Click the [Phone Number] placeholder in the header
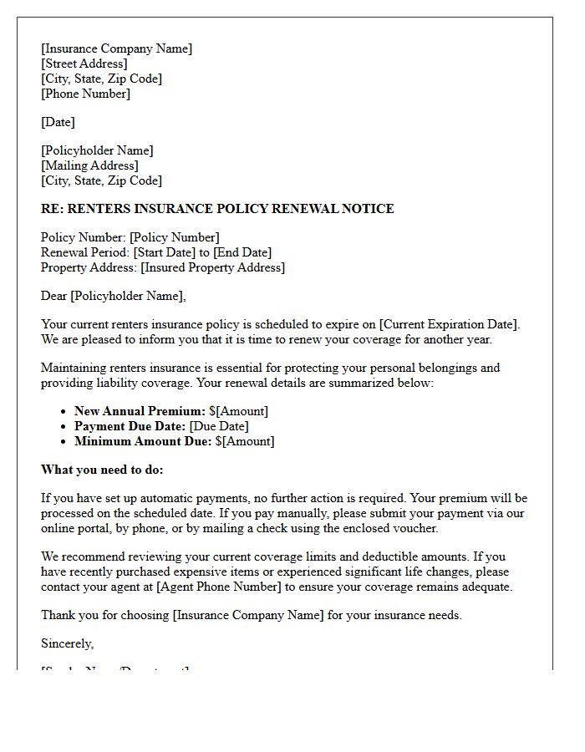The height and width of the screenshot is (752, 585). [85, 94]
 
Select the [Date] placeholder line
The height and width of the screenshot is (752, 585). [58, 122]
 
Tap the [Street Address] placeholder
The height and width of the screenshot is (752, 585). [84, 64]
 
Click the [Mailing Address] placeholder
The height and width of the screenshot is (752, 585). [89, 165]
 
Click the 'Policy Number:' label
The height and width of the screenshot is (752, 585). [83, 237]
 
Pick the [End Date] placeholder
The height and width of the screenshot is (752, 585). [242, 252]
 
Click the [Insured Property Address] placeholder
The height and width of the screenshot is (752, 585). [212, 267]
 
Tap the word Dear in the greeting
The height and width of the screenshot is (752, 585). [53, 296]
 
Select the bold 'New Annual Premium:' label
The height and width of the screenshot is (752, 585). [140, 411]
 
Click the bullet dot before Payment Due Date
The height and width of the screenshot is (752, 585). [64, 426]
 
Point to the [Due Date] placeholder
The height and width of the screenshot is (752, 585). [219, 426]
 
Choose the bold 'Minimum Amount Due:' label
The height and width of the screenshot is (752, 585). [143, 441]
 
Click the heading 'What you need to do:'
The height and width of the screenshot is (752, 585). [102, 470]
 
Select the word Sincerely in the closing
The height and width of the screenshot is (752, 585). [67, 643]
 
